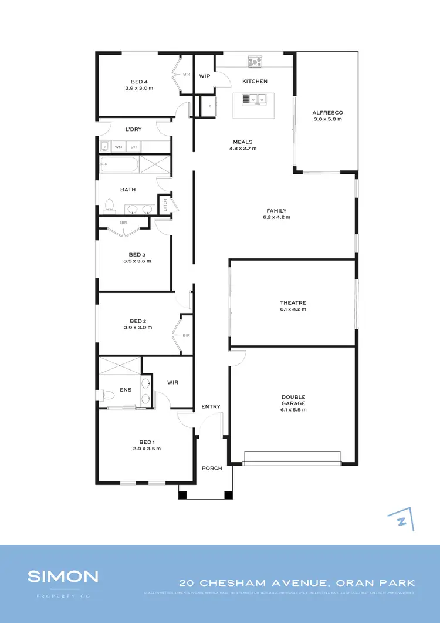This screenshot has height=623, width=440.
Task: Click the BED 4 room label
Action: pos(139,82)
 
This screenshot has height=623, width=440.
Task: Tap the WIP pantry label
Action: pos(205,76)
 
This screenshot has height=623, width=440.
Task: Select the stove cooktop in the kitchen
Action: pos(255,60)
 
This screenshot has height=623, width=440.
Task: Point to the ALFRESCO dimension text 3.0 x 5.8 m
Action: pos(327,119)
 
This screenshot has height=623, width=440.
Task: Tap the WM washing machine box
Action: pos(119,147)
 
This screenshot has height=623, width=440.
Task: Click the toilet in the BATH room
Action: pos(109,206)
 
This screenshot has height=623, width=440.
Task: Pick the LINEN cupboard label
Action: pos(166,204)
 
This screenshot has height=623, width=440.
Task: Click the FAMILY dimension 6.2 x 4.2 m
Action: pos(276,217)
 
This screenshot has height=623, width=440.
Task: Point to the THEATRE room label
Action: pos(293,303)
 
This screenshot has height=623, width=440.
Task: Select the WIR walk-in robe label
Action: pos(172,382)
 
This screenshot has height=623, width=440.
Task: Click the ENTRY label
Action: pos(211,406)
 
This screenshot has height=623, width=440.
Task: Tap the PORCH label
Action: pos(212,468)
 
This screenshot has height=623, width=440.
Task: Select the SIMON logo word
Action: pos(63,576)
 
